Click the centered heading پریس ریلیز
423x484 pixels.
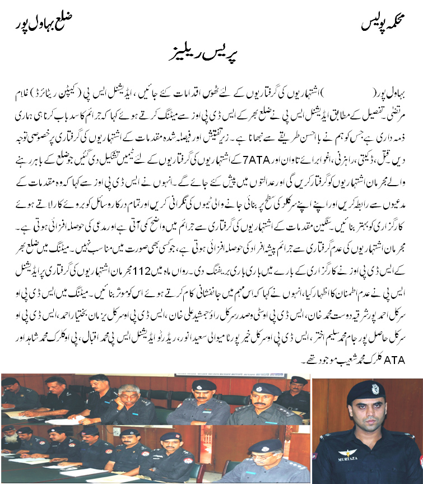211,56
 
